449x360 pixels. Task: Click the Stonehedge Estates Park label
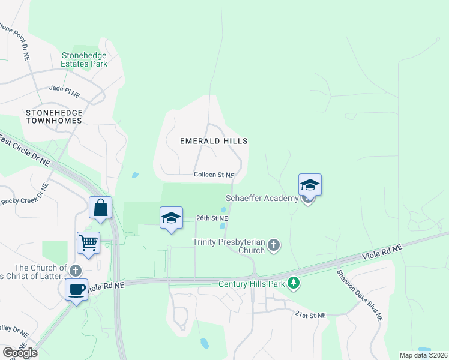[84, 59]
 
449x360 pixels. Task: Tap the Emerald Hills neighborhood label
[214, 140]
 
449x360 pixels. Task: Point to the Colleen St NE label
[213, 175]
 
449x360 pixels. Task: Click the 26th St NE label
[212, 218]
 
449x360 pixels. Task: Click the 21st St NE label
[310, 314]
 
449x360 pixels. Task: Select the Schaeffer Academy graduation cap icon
[310, 185]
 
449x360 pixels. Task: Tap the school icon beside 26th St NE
[171, 218]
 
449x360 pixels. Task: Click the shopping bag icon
[101, 208]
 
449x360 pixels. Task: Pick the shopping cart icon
[89, 243]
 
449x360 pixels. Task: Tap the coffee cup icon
[77, 290]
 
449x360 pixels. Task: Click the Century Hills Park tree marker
[294, 282]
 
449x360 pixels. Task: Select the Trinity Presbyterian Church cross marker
[274, 244]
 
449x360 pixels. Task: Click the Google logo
[20, 353]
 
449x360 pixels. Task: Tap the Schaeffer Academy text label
[262, 199]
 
